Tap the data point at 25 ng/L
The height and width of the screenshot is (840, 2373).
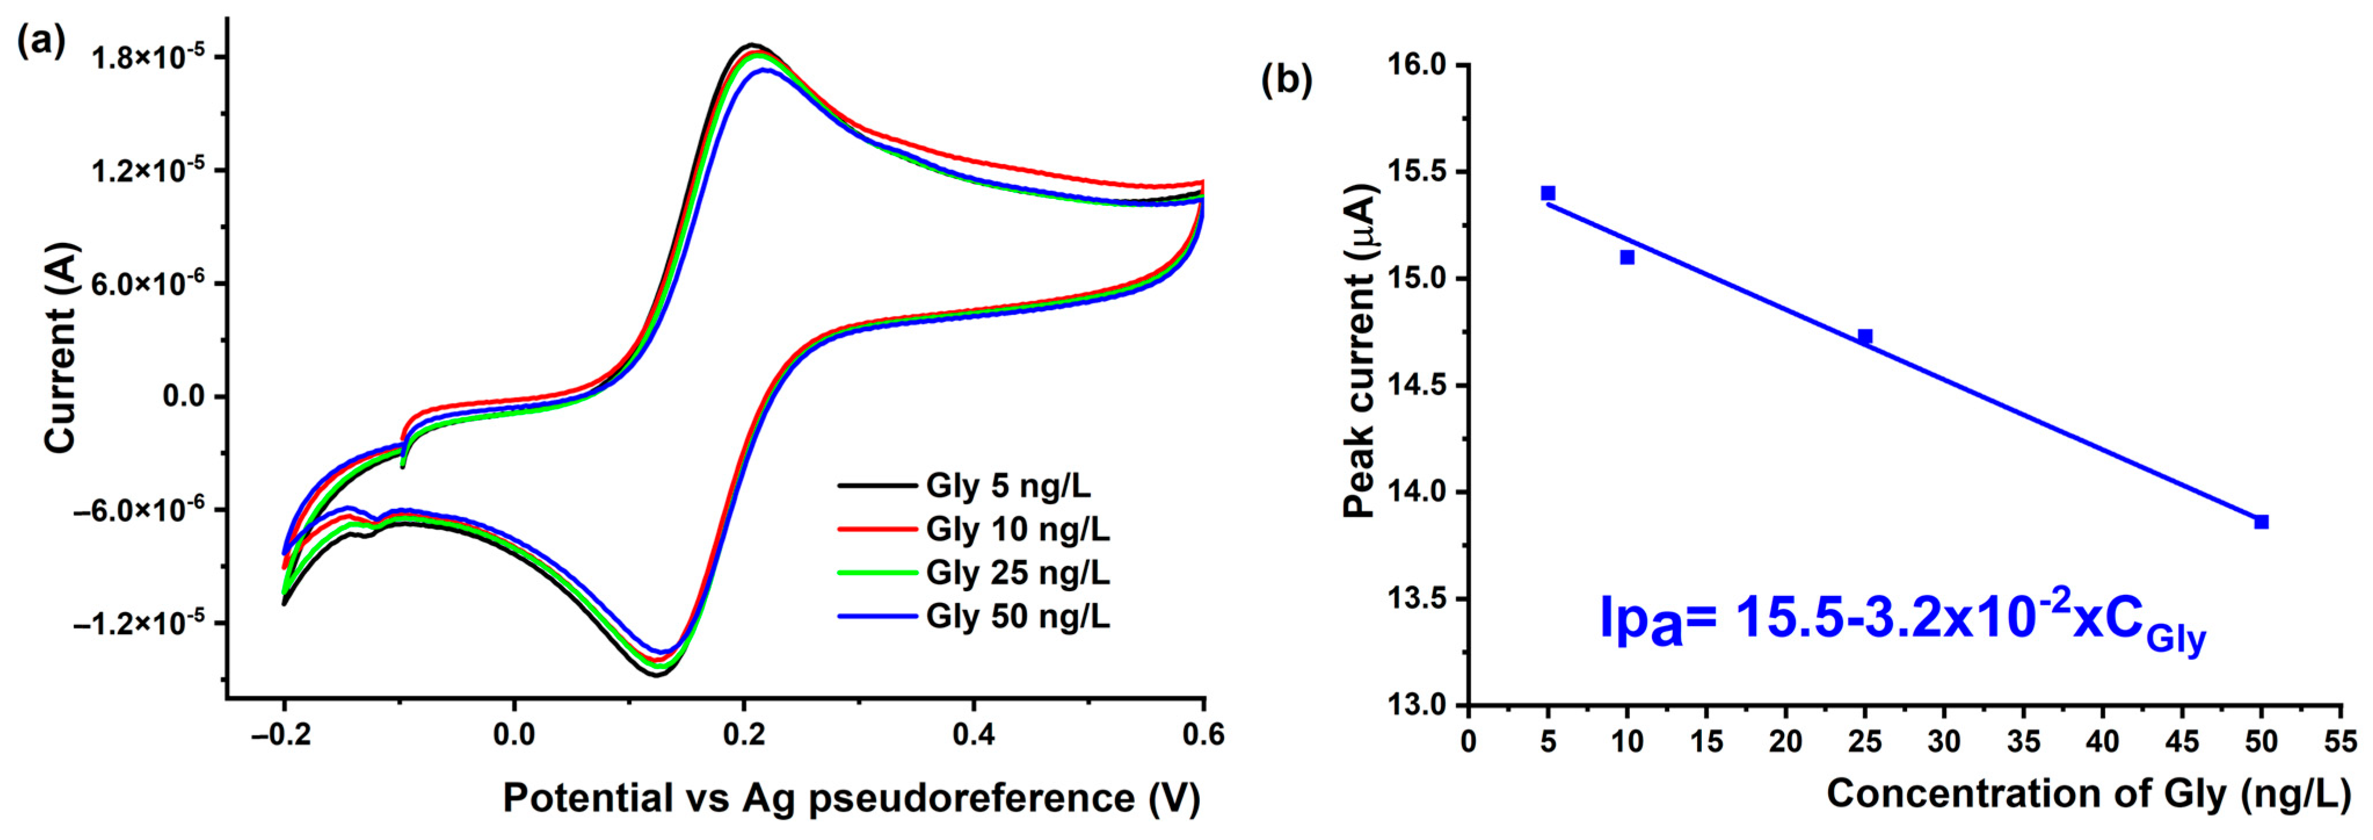pos(1865,336)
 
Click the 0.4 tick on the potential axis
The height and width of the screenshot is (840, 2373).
pos(974,735)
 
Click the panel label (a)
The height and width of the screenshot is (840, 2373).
pos(42,41)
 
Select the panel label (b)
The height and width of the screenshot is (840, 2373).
pos(1286,81)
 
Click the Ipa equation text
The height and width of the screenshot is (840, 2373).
pos(1902,620)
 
